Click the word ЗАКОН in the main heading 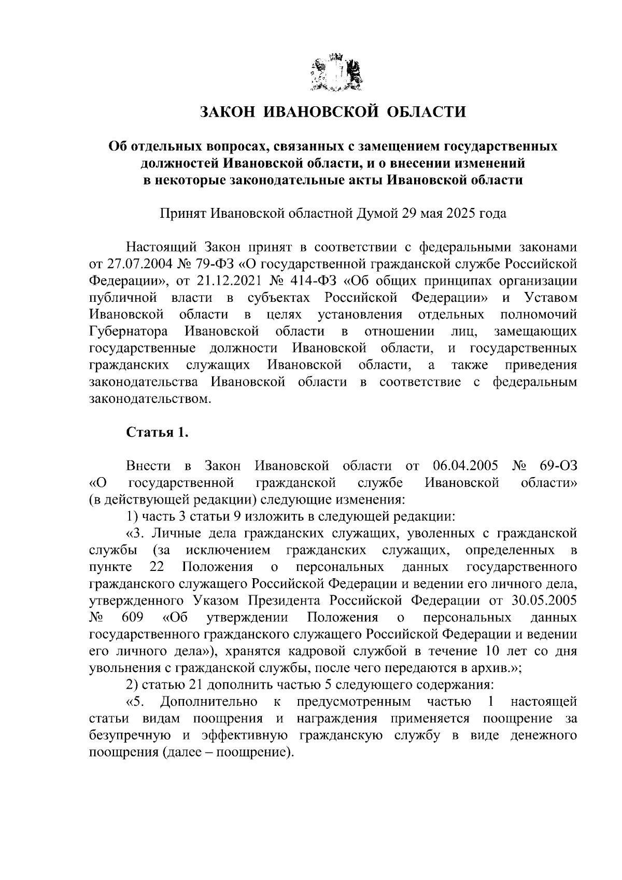(227, 112)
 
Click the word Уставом (550, 298)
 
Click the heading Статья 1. (157, 432)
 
